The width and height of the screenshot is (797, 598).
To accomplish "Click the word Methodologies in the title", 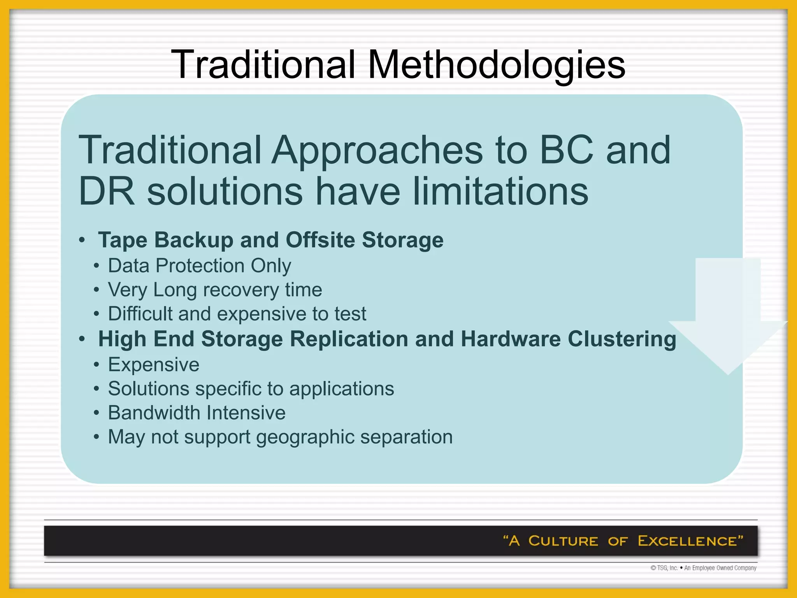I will (x=496, y=65).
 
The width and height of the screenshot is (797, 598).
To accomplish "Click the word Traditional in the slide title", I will (x=263, y=65).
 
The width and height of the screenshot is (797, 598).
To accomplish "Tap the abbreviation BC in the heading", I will (x=567, y=150).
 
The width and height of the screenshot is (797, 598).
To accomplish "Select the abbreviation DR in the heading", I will (x=106, y=192).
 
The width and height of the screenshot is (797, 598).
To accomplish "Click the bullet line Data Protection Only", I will (x=199, y=266).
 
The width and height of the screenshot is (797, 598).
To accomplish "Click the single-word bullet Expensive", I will (x=154, y=365).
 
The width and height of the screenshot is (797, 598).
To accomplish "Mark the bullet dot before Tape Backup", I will (x=82, y=240).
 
